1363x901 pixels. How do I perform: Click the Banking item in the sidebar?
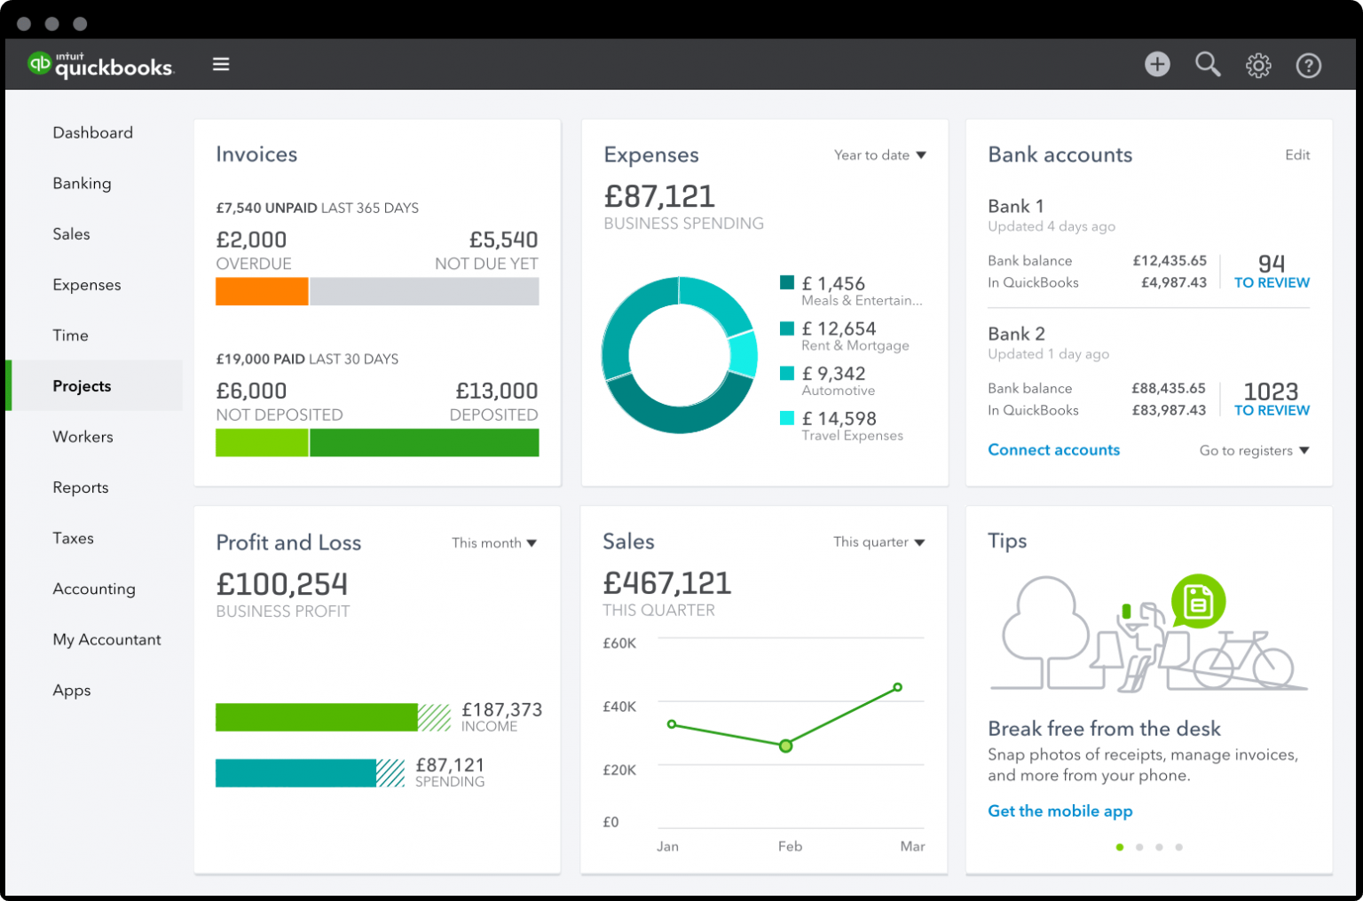coord(82,184)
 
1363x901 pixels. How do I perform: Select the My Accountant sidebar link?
coord(106,640)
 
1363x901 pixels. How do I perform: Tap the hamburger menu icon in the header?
coord(221,65)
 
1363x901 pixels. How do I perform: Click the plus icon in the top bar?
coord(1157,65)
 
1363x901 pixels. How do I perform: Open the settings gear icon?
coord(1258,66)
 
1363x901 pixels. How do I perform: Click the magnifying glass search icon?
coord(1208,65)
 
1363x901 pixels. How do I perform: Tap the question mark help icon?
coord(1309,66)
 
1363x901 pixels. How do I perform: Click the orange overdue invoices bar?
coord(262,292)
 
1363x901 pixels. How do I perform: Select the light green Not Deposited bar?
coord(262,443)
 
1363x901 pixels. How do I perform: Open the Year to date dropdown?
coord(879,155)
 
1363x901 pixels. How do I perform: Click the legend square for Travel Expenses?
coord(787,418)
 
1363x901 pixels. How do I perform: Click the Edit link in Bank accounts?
coord(1297,155)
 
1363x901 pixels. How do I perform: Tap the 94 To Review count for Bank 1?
coord(1272,271)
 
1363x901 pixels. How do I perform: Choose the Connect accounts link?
coord(1053,450)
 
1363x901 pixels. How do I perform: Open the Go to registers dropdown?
coord(1254,451)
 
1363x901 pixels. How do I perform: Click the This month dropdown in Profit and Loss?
coord(493,543)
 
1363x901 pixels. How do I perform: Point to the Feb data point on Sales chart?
coord(785,747)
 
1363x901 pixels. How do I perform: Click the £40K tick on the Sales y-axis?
coord(619,707)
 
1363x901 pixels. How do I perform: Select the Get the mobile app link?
coord(1060,811)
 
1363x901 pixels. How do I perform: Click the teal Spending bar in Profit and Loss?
coord(295,773)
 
